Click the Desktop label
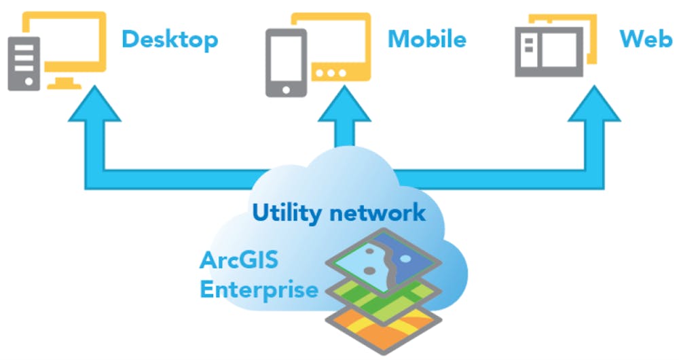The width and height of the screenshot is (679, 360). [x=170, y=39]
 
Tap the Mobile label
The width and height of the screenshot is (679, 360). [x=426, y=39]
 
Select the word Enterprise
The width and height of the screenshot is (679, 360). [x=259, y=290]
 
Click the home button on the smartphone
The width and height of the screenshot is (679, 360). [x=284, y=88]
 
